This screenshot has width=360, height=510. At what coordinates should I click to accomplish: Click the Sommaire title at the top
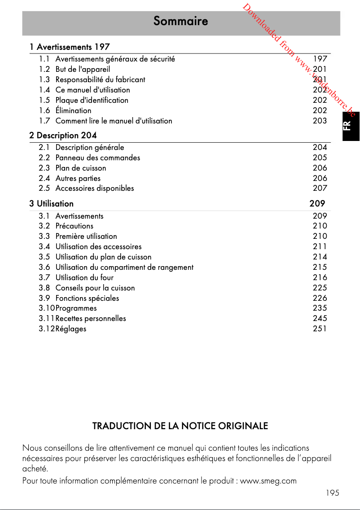pyautogui.click(x=180, y=21)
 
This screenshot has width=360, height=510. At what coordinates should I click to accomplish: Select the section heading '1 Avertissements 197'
pyautogui.click(x=70, y=47)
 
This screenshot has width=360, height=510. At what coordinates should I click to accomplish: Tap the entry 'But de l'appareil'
pyautogui.click(x=83, y=69)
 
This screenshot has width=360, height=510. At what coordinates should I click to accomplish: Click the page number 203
pyautogui.click(x=320, y=121)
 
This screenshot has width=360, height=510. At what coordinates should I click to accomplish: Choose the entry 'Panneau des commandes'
pyautogui.click(x=97, y=158)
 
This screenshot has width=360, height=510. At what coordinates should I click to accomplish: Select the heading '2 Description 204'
pyautogui.click(x=63, y=135)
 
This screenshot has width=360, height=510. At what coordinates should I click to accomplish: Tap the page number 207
pyautogui.click(x=320, y=189)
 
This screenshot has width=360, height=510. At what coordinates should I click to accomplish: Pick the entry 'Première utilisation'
pyautogui.click(x=86, y=236)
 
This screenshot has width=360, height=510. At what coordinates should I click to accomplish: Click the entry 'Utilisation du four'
pyautogui.click(x=84, y=277)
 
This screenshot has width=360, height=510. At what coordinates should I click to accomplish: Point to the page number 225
pyautogui.click(x=320, y=288)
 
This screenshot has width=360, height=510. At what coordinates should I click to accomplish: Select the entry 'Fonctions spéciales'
pyautogui.click(x=87, y=298)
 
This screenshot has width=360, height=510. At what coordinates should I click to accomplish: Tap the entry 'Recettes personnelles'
pyautogui.click(x=91, y=319)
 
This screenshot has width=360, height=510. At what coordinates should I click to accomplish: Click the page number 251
pyautogui.click(x=320, y=329)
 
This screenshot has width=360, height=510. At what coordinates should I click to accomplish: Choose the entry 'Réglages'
pyautogui.click(x=71, y=329)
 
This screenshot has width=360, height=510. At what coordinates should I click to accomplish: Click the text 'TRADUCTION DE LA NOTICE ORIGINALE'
pyautogui.click(x=180, y=426)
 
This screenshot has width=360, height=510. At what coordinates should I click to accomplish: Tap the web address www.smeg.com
pyautogui.click(x=268, y=481)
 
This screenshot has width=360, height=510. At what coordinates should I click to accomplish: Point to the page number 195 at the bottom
pyautogui.click(x=332, y=492)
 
